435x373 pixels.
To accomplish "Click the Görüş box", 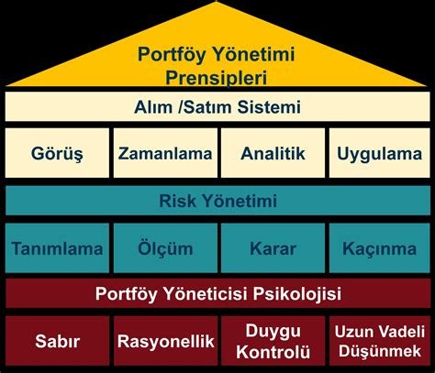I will (56, 155).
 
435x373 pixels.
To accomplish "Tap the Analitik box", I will (272, 155).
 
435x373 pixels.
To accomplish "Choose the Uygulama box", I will (379, 155).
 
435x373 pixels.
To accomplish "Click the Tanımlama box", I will (56, 247).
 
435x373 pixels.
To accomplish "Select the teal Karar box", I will (272, 247).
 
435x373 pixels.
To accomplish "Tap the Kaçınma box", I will (379, 247).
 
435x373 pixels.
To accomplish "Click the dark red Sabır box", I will (56, 342).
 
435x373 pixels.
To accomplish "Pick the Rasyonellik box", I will (164, 342).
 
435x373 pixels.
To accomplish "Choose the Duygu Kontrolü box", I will (272, 342).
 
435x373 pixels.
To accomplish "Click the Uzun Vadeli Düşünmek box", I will (379, 342).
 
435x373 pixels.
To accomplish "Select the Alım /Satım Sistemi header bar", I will (217, 107).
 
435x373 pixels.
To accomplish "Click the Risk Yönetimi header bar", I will (217, 201).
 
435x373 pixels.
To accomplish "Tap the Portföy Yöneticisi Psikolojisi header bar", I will (217, 294).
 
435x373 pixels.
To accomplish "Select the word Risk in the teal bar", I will (178, 201).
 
